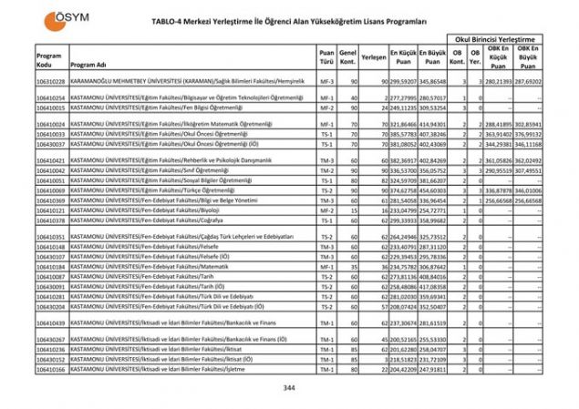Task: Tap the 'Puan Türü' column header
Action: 326,56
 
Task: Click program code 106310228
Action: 50,82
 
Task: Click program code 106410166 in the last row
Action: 50,370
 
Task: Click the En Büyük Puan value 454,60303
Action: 433,190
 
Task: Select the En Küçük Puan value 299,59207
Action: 404,82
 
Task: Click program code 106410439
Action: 50,323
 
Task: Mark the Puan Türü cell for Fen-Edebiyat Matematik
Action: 326,266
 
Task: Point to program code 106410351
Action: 50,237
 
